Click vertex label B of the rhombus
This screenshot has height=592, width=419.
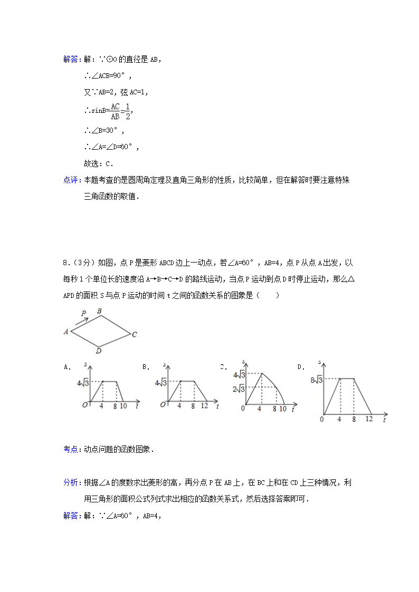pos(99,311)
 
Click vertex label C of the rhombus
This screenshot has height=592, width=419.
pos(135,334)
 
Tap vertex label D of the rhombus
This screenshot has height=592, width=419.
pos(99,351)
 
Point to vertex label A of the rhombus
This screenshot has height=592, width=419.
pos(66,332)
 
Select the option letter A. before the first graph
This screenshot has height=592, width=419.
pos(68,366)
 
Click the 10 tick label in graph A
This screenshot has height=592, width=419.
pos(123,406)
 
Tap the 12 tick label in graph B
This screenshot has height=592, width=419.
pos(204,406)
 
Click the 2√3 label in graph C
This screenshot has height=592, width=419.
pos(238,389)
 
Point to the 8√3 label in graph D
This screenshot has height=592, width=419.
pos(317,379)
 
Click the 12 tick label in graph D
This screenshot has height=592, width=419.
pos(369,419)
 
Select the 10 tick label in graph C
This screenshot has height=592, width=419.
pos(282,409)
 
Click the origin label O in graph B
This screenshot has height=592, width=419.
pos(163,404)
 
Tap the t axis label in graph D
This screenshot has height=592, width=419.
pos(385,420)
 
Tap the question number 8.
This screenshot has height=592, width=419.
pos(64,262)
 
